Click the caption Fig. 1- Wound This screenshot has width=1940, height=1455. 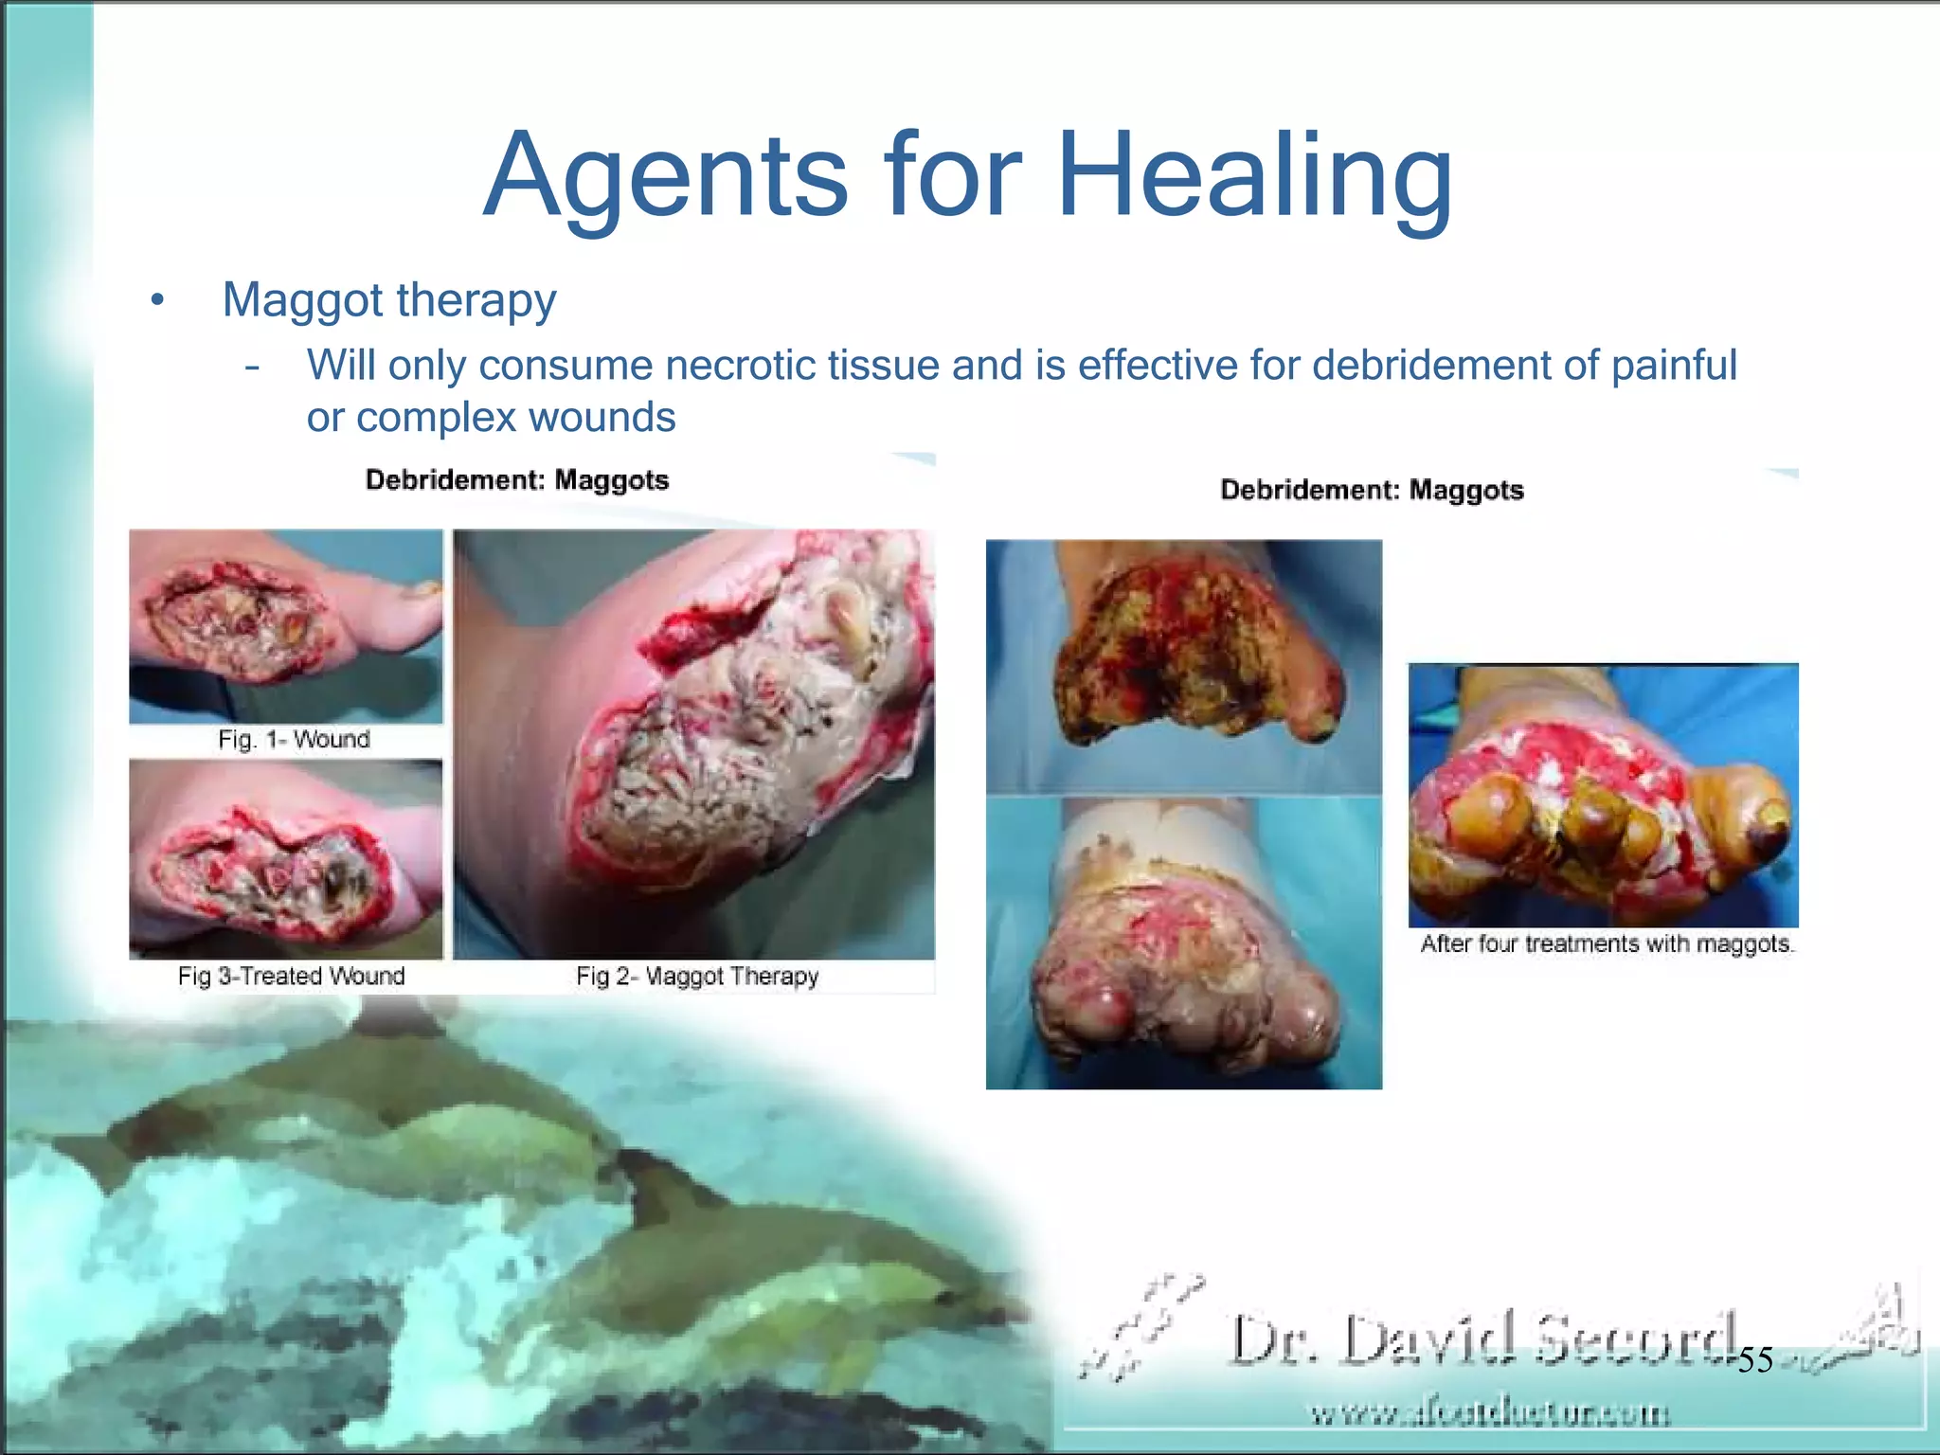294,740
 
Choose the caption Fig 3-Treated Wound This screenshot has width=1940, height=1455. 291,977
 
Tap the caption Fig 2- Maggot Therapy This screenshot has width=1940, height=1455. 697,977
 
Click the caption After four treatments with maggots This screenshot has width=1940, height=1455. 1607,944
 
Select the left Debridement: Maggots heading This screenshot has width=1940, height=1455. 517,480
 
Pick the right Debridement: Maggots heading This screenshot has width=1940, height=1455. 1372,491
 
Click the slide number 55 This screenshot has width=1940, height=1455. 1755,1360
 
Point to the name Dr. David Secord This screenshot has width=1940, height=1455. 1482,1339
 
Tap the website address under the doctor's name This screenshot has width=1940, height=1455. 1489,1414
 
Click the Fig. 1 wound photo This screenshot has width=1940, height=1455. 285,626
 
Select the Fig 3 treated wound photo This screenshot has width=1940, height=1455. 285,859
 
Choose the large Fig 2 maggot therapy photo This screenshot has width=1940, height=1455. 693,745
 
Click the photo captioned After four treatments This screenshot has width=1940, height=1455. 1603,795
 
